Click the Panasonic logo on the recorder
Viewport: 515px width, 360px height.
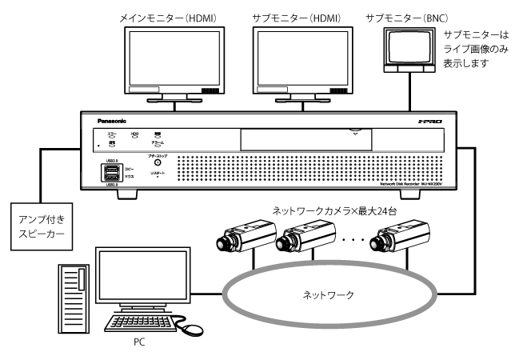tap(111, 122)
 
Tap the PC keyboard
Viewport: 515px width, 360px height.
tap(141, 325)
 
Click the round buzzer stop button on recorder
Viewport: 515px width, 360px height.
tap(158, 163)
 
